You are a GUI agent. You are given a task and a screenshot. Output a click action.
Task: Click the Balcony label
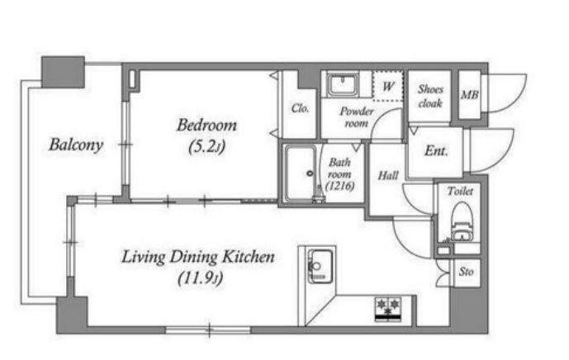point(76,144)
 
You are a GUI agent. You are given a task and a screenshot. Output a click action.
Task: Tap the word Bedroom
point(206,126)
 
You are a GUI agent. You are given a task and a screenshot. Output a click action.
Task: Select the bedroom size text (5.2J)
point(206,147)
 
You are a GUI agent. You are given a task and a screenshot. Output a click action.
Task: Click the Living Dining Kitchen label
point(197,257)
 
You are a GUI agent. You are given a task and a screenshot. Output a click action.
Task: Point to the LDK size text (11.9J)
point(200,279)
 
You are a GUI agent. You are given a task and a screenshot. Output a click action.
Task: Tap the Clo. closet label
point(300,108)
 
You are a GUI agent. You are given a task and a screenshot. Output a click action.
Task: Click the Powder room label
point(357,117)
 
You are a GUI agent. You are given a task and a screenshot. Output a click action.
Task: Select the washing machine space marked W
point(388,86)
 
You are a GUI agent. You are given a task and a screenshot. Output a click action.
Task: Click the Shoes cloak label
point(430,96)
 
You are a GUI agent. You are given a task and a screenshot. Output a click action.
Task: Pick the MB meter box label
point(470,95)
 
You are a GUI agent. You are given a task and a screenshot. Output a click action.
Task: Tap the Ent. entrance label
point(436,150)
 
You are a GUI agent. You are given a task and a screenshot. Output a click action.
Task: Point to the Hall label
point(388,176)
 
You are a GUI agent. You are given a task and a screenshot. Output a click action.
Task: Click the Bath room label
point(339,168)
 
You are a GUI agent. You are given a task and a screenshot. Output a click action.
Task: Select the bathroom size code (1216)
point(339,186)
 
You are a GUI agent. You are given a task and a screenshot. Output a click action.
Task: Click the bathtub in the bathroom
point(300,174)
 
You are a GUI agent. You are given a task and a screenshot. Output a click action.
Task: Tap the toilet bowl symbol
point(462,221)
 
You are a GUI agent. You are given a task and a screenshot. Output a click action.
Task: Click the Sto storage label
point(466,272)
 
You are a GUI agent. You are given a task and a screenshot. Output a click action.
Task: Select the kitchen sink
point(320,267)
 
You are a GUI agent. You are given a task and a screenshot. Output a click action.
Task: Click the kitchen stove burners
point(388,309)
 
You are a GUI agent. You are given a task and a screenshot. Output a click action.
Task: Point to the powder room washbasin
point(342,85)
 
